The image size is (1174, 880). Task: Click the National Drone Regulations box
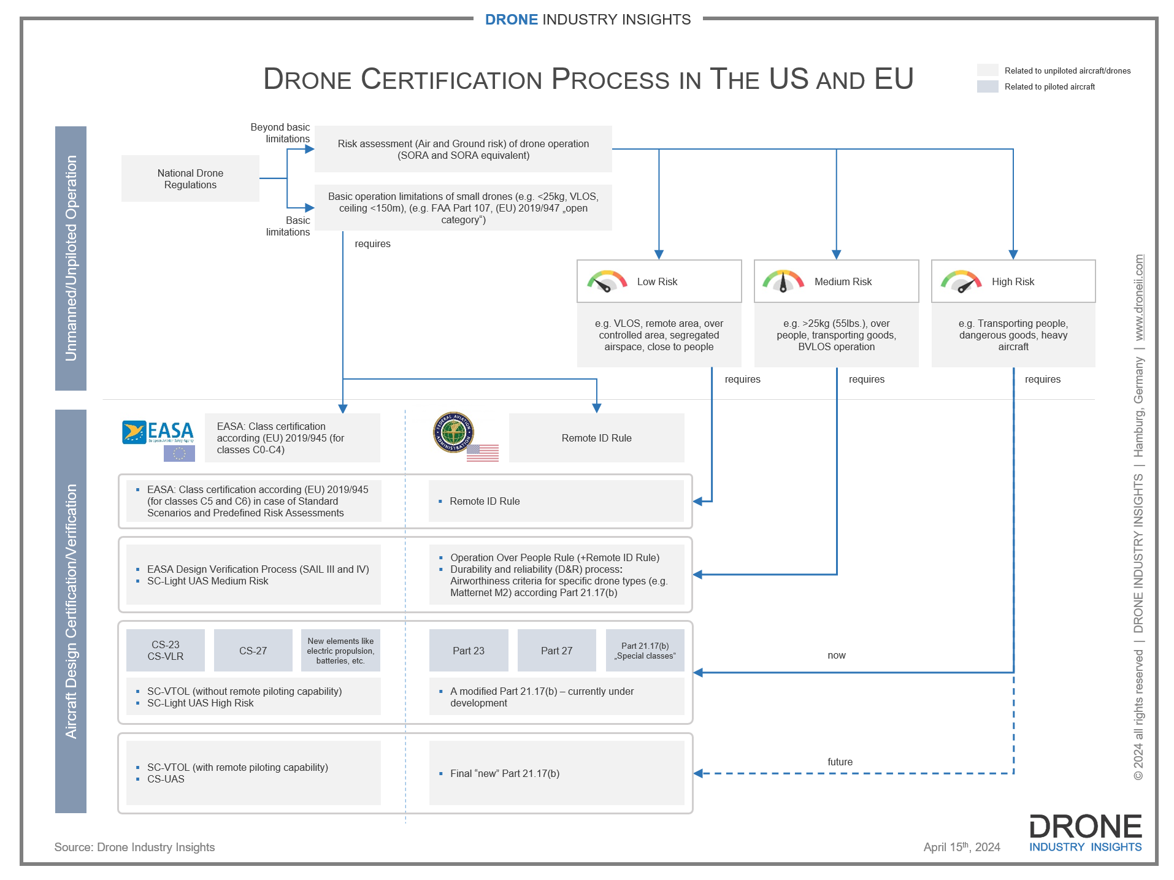tap(190, 178)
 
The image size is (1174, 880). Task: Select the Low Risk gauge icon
tap(607, 281)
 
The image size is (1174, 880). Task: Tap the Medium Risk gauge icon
tap(783, 281)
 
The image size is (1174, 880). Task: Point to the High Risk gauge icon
tap(961, 281)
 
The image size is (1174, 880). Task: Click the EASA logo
tap(158, 432)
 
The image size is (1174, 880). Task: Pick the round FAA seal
tap(453, 432)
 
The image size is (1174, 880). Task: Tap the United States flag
tap(483, 453)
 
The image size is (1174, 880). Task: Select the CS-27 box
tap(253, 651)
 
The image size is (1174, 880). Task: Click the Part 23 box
tap(469, 651)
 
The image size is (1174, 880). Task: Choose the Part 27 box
tap(556, 651)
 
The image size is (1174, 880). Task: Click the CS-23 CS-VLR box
tap(166, 651)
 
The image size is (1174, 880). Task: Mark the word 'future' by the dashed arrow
tap(840, 762)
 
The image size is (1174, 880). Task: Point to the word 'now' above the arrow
tap(836, 655)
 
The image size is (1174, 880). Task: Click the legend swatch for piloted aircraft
tap(988, 86)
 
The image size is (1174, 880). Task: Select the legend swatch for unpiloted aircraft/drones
tap(988, 71)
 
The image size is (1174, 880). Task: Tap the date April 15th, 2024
tap(961, 847)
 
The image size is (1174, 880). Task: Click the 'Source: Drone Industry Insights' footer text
tap(134, 847)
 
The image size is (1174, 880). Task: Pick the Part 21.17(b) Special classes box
tap(645, 651)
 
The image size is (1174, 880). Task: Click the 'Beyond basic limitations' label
tap(280, 132)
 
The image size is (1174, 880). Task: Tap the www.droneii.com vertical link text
tap(1139, 297)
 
